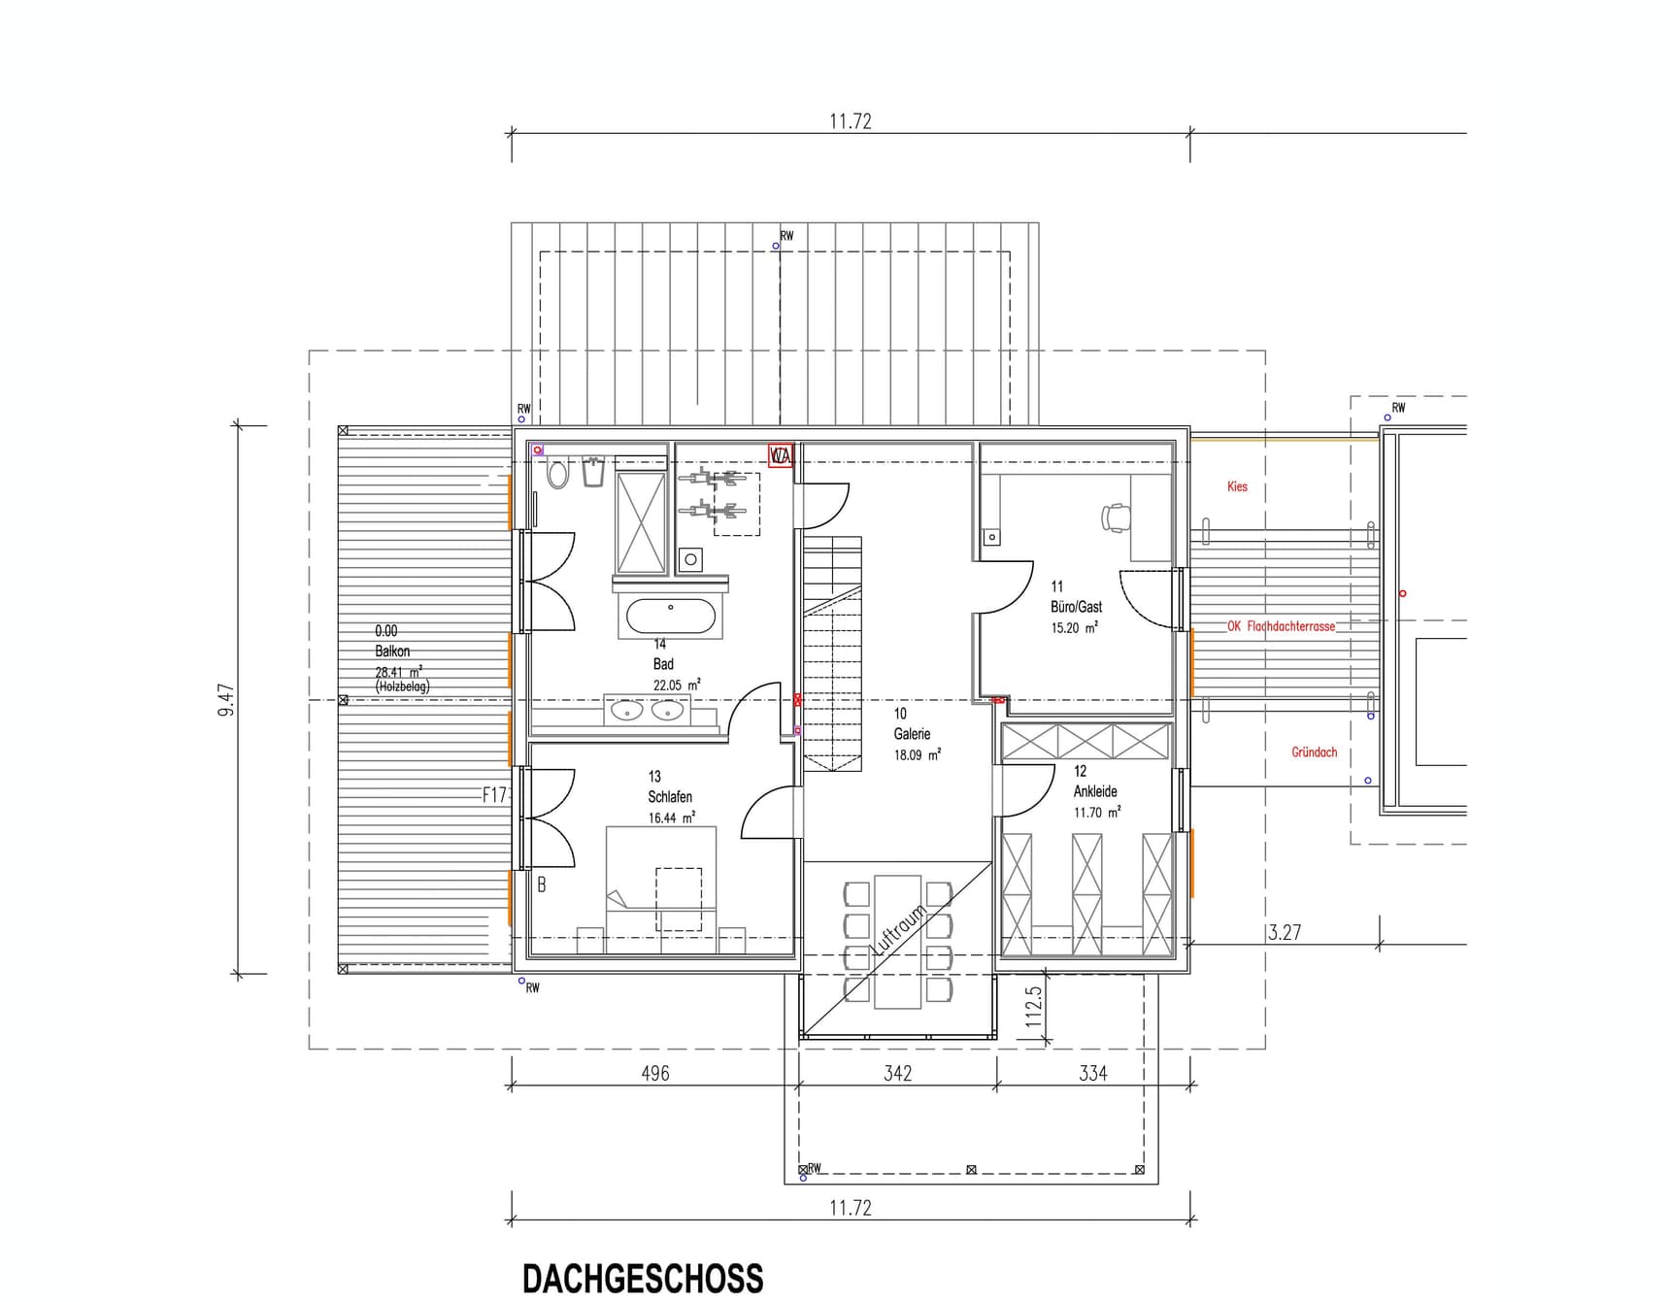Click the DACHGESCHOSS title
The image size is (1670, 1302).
pyautogui.click(x=643, y=1278)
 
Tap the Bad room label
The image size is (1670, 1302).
pyautogui.click(x=663, y=664)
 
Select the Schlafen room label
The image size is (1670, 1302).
pyautogui.click(x=670, y=797)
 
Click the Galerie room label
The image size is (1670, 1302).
pyautogui.click(x=912, y=734)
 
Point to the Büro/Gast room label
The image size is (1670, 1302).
pyautogui.click(x=1076, y=607)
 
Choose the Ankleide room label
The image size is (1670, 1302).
pyautogui.click(x=1095, y=791)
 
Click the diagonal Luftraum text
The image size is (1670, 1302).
pyautogui.click(x=898, y=930)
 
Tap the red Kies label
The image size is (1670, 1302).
pyautogui.click(x=1237, y=486)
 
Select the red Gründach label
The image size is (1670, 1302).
pyautogui.click(x=1314, y=752)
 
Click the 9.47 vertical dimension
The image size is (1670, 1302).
pyautogui.click(x=226, y=699)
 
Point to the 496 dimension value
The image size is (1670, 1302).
pyautogui.click(x=655, y=1073)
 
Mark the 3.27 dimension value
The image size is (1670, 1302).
pyautogui.click(x=1284, y=932)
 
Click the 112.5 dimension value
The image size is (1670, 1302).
pyautogui.click(x=1033, y=1007)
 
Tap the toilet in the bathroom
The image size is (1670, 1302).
pyautogui.click(x=557, y=474)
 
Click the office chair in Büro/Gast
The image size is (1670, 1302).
pyautogui.click(x=1116, y=517)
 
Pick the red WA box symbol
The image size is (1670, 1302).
pyautogui.click(x=781, y=454)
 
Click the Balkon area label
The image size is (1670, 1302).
pyautogui.click(x=392, y=651)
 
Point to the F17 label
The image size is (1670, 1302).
pyautogui.click(x=495, y=795)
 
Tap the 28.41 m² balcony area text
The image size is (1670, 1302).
pyautogui.click(x=398, y=672)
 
